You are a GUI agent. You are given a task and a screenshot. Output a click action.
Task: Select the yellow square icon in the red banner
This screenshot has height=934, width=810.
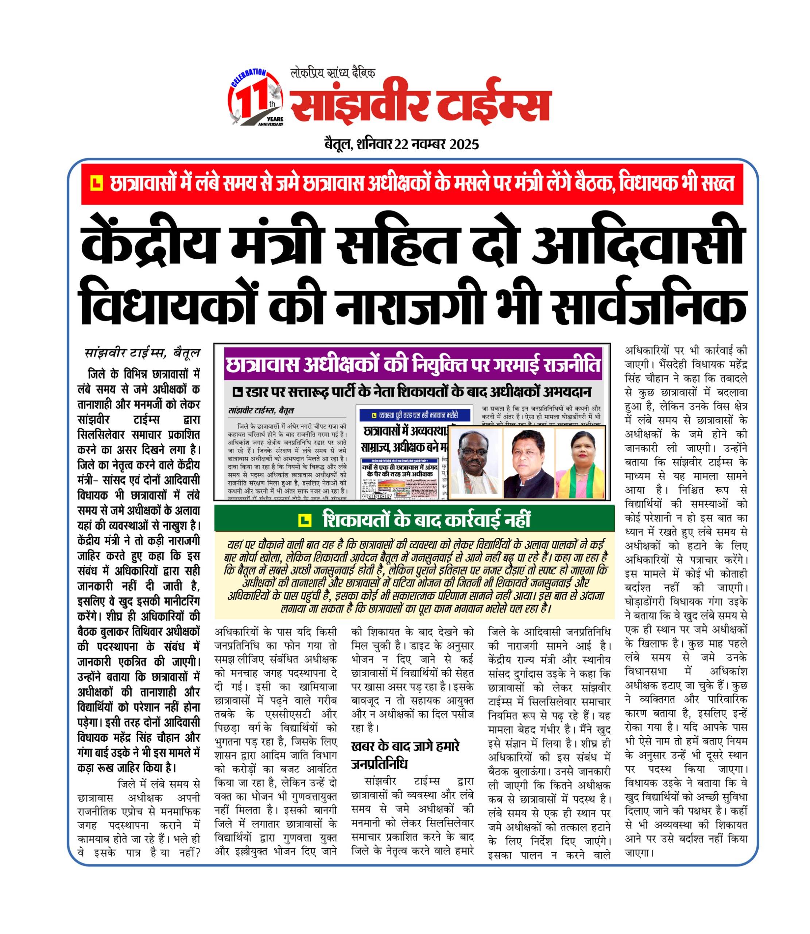click(96, 183)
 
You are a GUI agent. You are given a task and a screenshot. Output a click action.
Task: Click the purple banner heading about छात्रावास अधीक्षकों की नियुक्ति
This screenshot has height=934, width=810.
click(413, 365)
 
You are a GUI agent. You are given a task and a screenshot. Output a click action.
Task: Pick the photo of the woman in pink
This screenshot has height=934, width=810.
click(580, 463)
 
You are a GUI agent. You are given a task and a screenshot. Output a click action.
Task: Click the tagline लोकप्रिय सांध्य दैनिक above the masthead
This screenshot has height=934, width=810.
click(332, 73)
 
